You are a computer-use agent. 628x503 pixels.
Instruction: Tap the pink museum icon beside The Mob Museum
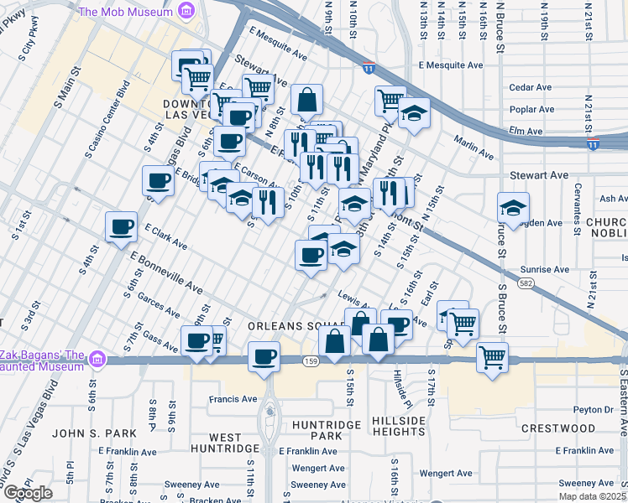click(187, 10)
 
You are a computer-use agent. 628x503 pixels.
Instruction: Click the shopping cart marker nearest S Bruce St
click(492, 356)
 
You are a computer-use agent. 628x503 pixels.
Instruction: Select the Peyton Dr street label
click(597, 410)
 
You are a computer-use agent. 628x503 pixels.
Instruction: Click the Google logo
click(29, 493)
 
